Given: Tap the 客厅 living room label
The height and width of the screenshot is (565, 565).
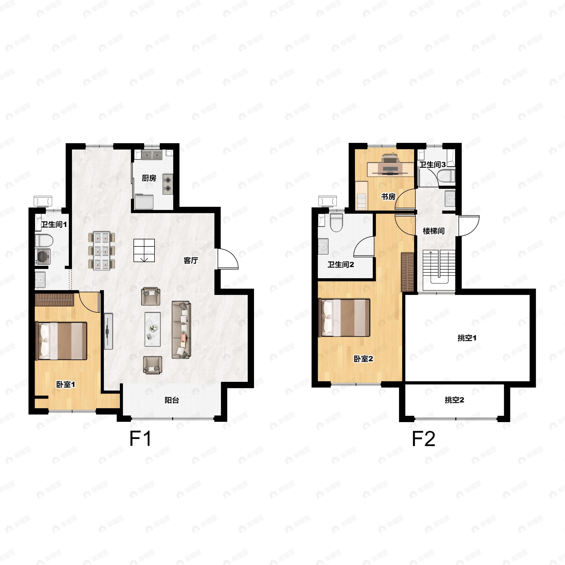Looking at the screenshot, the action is point(191,260).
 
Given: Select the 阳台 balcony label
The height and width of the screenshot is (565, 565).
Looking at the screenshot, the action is point(172,400).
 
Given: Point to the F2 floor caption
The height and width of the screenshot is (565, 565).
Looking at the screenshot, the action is point(424,439).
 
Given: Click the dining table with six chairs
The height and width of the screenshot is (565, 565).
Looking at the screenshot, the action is point(102,251).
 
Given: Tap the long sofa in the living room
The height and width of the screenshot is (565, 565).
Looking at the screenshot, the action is point(181,330).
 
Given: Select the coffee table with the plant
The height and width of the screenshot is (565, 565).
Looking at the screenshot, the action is point(153,329).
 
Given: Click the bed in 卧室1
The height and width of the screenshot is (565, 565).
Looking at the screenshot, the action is point(61,341).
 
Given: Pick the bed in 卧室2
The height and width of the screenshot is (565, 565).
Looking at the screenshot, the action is point(346,318).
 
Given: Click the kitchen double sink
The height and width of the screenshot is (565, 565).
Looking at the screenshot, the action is point(152,155).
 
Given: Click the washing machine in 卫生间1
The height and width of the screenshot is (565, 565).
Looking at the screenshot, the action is point(43,257).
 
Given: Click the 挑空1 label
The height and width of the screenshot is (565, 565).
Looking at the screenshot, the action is point(467,338).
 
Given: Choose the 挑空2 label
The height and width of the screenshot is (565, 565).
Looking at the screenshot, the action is point(454,400).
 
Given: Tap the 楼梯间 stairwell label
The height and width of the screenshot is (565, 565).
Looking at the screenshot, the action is point(434,231).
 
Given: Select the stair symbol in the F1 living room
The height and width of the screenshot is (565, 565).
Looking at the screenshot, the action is point(144,250).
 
